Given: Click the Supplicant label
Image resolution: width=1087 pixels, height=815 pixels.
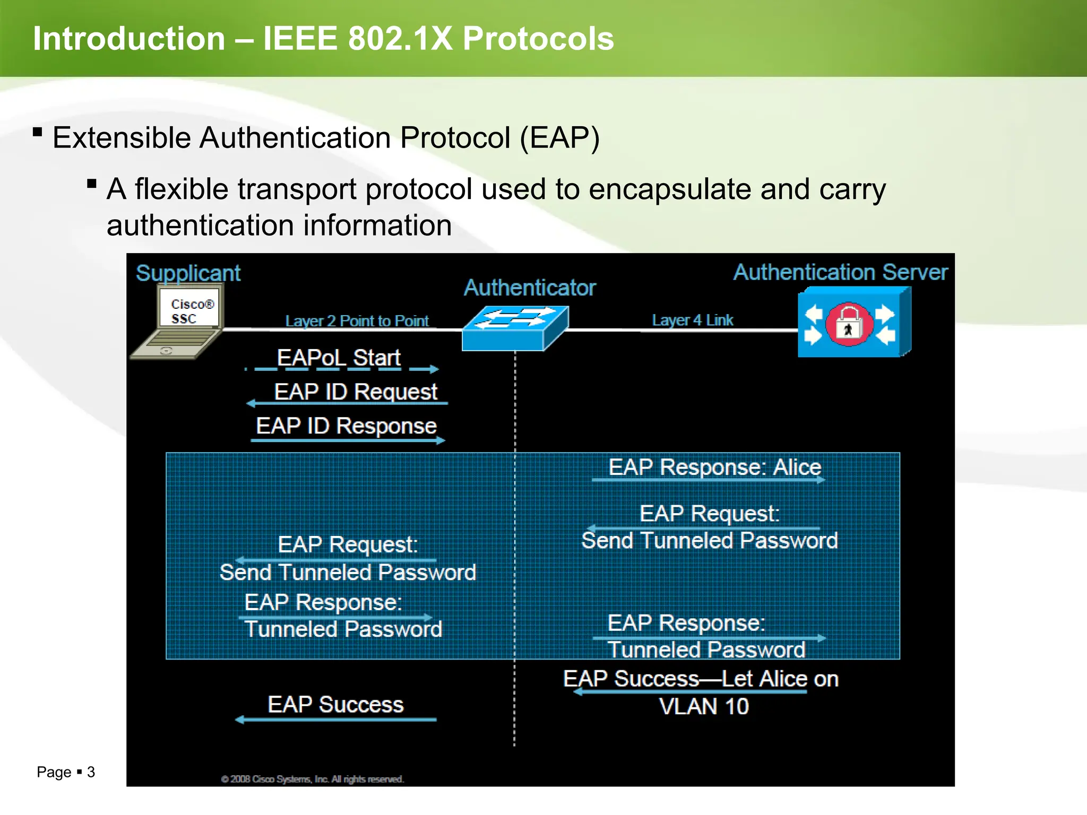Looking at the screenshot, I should (x=188, y=273).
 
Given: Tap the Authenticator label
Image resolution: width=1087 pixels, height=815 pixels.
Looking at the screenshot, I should (x=530, y=288).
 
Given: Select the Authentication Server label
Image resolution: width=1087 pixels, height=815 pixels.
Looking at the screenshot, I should (x=840, y=272).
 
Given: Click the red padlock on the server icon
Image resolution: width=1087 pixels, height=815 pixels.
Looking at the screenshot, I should (x=848, y=324).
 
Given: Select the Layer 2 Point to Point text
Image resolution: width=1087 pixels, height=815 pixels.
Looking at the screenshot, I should (x=357, y=321).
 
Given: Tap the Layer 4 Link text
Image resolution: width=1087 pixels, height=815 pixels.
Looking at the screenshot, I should (x=692, y=320).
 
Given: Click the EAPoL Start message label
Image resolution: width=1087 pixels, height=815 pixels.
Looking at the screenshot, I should (x=339, y=358).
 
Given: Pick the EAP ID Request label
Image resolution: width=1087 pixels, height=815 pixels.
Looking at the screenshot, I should (x=356, y=392).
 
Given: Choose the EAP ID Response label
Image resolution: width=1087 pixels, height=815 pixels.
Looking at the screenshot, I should (x=346, y=426).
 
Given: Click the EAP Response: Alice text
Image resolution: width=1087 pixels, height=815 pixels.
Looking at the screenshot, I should (x=714, y=467).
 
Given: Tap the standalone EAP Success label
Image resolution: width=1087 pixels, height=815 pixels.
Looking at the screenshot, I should (x=335, y=705).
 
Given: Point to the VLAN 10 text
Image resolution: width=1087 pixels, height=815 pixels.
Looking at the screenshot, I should (x=704, y=707).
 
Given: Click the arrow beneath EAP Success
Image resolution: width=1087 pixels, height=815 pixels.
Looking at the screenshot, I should (x=335, y=720).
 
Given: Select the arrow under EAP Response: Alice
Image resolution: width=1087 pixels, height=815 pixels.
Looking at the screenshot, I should (x=709, y=480).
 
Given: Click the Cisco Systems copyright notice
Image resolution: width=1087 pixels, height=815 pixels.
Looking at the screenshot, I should (x=313, y=779).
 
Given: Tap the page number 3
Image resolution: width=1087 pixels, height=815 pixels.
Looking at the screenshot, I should (x=91, y=772).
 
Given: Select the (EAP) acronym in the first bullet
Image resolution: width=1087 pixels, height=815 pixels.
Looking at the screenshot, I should (x=559, y=138).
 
